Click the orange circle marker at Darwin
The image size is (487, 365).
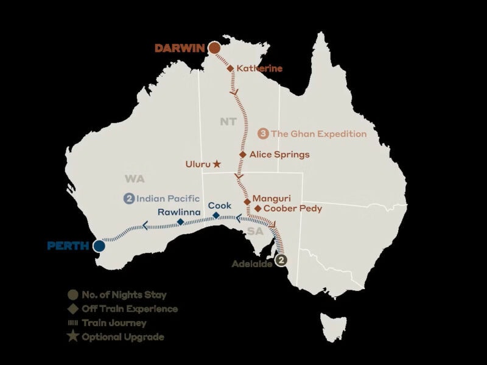(x=214, y=48)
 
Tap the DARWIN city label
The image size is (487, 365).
(x=180, y=48)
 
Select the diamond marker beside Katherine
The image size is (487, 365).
(x=231, y=68)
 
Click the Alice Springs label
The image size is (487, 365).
(x=279, y=155)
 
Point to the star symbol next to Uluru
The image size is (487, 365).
(x=217, y=164)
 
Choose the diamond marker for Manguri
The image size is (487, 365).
(x=247, y=201)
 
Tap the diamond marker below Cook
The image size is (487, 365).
(x=216, y=215)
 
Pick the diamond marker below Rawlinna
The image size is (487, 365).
(x=180, y=222)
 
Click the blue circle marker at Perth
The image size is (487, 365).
(x=99, y=246)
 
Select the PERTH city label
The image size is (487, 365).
(x=69, y=246)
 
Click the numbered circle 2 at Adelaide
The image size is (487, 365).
(x=281, y=260)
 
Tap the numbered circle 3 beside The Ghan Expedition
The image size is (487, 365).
(x=264, y=134)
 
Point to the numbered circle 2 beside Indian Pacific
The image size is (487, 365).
(x=129, y=198)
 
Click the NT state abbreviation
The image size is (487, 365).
(x=228, y=122)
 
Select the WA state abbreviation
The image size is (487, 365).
(x=134, y=179)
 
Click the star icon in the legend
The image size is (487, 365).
(x=72, y=336)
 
